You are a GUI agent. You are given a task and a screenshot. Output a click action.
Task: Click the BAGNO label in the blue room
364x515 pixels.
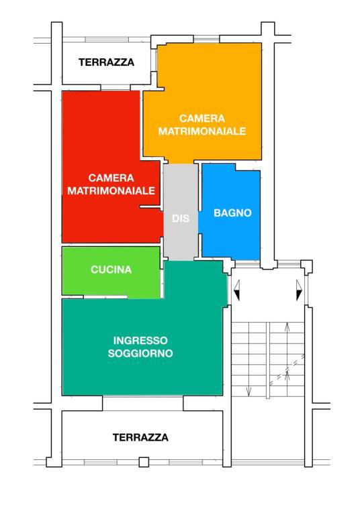point(232,213)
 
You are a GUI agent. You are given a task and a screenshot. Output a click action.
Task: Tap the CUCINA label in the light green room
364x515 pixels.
point(111,270)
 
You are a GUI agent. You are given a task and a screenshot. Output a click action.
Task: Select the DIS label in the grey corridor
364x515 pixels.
point(181,218)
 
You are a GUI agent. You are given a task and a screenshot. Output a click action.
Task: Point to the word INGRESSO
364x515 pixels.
point(140,340)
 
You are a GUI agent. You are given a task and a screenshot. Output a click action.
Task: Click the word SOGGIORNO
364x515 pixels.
point(140,353)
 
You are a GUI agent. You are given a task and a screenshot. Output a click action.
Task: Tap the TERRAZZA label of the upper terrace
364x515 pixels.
point(106,62)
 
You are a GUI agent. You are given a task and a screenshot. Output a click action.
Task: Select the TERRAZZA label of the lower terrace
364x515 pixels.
point(140,437)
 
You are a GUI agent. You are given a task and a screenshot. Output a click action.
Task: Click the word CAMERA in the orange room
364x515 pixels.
point(202,118)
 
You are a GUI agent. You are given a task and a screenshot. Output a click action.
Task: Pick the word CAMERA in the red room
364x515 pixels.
point(111,178)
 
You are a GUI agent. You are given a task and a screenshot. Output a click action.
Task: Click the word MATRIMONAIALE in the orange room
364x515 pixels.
point(202,131)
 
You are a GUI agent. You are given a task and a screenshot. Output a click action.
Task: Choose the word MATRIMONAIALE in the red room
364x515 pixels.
point(111,190)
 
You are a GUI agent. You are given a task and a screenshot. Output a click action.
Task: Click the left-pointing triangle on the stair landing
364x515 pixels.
point(236,290)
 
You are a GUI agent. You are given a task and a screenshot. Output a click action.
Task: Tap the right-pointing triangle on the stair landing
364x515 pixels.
point(299,290)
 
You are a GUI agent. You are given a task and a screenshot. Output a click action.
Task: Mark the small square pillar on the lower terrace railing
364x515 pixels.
point(144,462)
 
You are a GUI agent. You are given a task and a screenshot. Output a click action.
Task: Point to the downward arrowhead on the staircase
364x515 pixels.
point(248,391)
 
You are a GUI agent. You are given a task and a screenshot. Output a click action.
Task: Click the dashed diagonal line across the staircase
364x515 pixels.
point(287,370)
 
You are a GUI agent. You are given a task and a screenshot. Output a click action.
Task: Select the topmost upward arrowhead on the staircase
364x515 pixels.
point(287,327)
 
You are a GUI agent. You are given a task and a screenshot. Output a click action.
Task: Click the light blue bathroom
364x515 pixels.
point(231,212)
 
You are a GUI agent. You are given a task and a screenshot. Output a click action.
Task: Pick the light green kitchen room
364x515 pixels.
point(111,272)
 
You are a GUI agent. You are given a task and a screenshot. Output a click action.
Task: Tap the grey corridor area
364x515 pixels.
point(181,212)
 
